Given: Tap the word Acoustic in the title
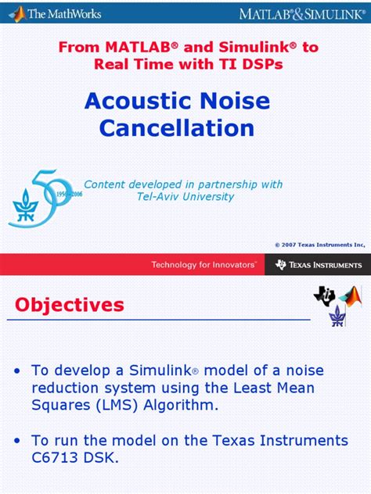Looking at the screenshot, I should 132,101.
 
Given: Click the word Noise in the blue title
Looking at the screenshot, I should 228,101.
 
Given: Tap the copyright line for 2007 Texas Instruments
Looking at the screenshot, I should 319,245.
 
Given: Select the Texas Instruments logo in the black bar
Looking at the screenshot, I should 318,265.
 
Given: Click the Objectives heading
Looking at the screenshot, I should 70,304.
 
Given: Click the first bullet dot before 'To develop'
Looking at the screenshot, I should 17,370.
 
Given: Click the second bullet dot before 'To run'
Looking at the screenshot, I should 17,441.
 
